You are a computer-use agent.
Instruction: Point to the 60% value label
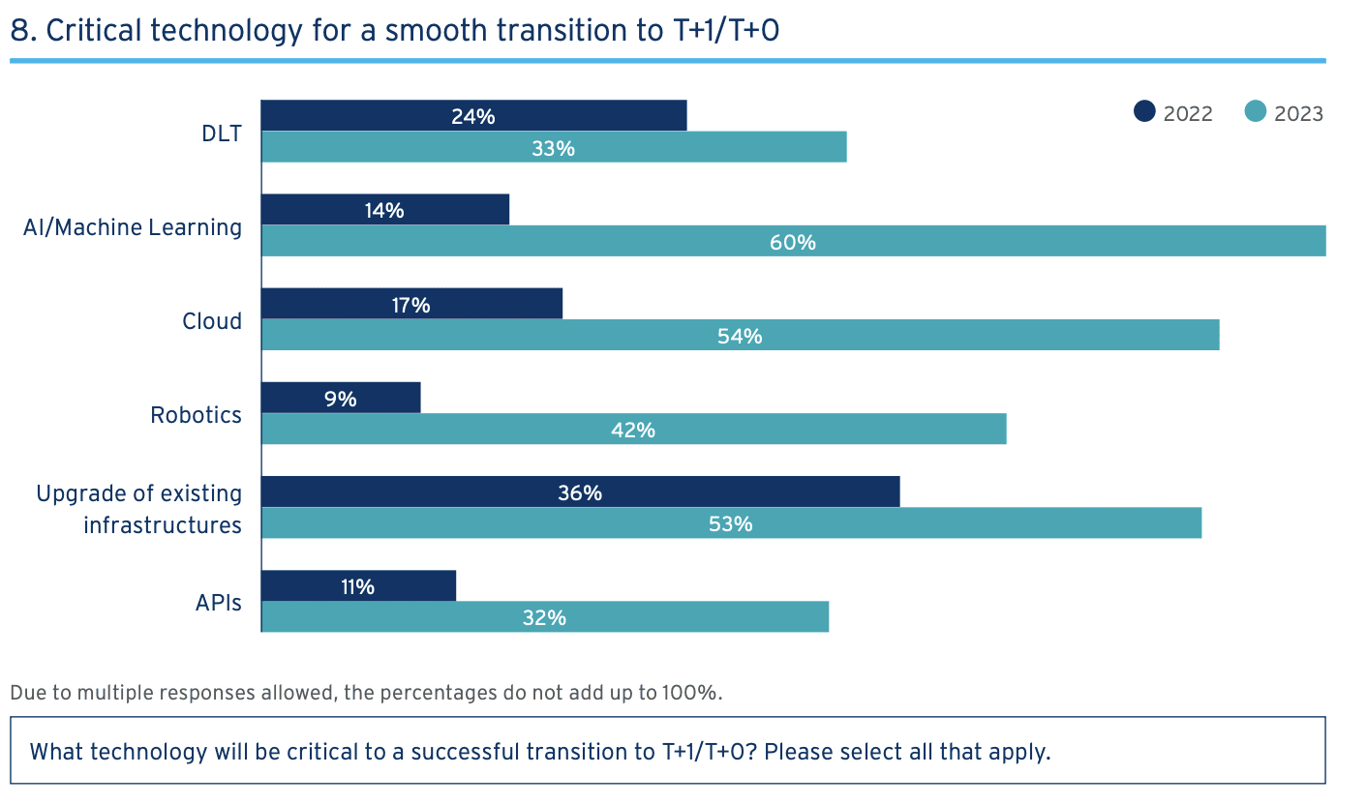[793, 242]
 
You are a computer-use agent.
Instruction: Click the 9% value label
[341, 398]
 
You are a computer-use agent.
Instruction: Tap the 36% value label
[580, 492]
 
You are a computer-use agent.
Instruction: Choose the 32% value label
[544, 616]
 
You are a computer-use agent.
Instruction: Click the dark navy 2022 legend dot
[1145, 112]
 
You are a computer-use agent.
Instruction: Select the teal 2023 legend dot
[1256, 112]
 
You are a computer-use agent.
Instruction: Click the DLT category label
[222, 134]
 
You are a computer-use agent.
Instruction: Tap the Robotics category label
[197, 415]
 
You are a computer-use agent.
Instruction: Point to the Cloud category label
[212, 321]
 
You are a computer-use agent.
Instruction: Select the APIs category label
[218, 603]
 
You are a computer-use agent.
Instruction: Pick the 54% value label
[740, 336]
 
